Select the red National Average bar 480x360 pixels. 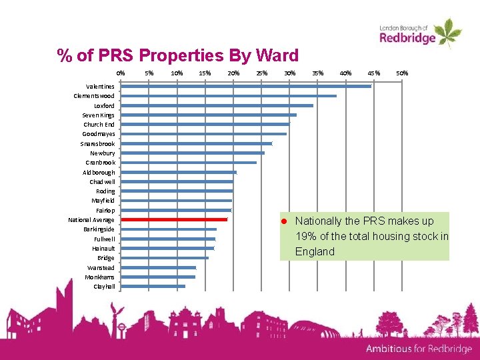pyautogui.click(x=175, y=219)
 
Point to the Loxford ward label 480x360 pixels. pyautogui.click(x=104, y=105)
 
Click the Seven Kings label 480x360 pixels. pyautogui.click(x=99, y=115)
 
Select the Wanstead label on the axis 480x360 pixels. pyautogui.click(x=101, y=267)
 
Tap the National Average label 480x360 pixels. pyautogui.click(x=91, y=219)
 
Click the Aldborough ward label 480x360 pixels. pyautogui.click(x=99, y=172)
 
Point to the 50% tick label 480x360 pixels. pyautogui.click(x=402, y=73)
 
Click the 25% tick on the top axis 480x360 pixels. pyautogui.click(x=261, y=73)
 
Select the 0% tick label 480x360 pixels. pyautogui.click(x=120, y=73)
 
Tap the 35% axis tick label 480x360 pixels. pyautogui.click(x=318, y=73)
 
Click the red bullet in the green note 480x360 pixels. pyautogui.click(x=283, y=221)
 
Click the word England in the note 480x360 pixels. pyautogui.click(x=315, y=251)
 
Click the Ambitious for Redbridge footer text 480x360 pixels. pyautogui.click(x=418, y=349)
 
